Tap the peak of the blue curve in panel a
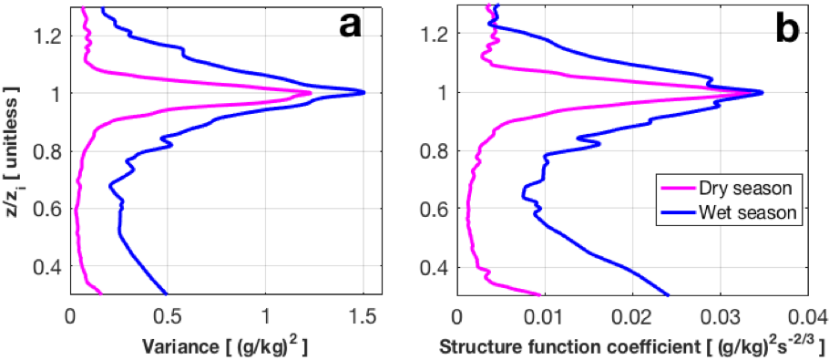[x=363, y=92]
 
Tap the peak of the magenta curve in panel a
[x=311, y=93]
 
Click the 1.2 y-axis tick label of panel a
[x=47, y=35]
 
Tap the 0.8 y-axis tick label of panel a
[x=47, y=151]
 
